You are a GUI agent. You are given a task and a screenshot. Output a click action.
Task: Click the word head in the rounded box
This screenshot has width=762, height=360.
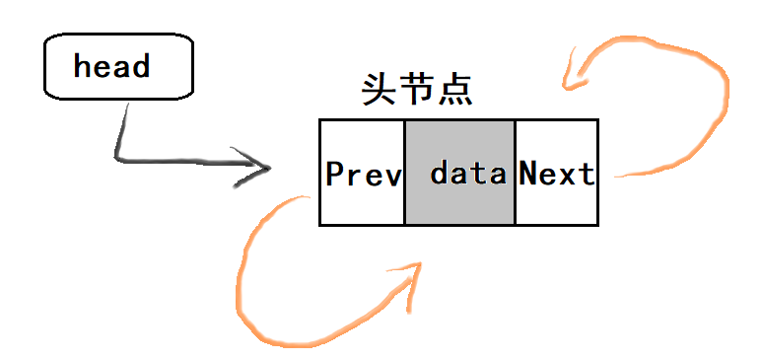pyautogui.click(x=111, y=67)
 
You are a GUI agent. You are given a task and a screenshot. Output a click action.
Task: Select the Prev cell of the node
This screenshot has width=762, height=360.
pyautogui.click(x=362, y=173)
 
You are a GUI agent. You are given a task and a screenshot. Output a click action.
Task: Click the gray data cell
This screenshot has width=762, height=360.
pyautogui.click(x=459, y=173)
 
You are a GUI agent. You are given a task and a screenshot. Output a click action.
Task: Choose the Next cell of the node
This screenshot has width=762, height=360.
pyautogui.click(x=556, y=173)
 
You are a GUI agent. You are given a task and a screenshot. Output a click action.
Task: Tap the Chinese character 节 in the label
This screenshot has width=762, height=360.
pyautogui.click(x=417, y=91)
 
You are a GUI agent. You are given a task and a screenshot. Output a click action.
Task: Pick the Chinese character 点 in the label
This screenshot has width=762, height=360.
pyautogui.click(x=454, y=91)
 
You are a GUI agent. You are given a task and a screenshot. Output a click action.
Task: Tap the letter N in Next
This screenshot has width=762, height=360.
pyautogui.click(x=528, y=175)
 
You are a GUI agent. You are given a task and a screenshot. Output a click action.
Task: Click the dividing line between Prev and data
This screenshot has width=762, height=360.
pyautogui.click(x=404, y=173)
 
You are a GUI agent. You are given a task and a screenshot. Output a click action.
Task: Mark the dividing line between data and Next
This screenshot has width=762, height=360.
pyautogui.click(x=515, y=173)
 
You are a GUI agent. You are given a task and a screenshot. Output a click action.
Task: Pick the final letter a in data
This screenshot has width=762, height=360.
pyautogui.click(x=498, y=177)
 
